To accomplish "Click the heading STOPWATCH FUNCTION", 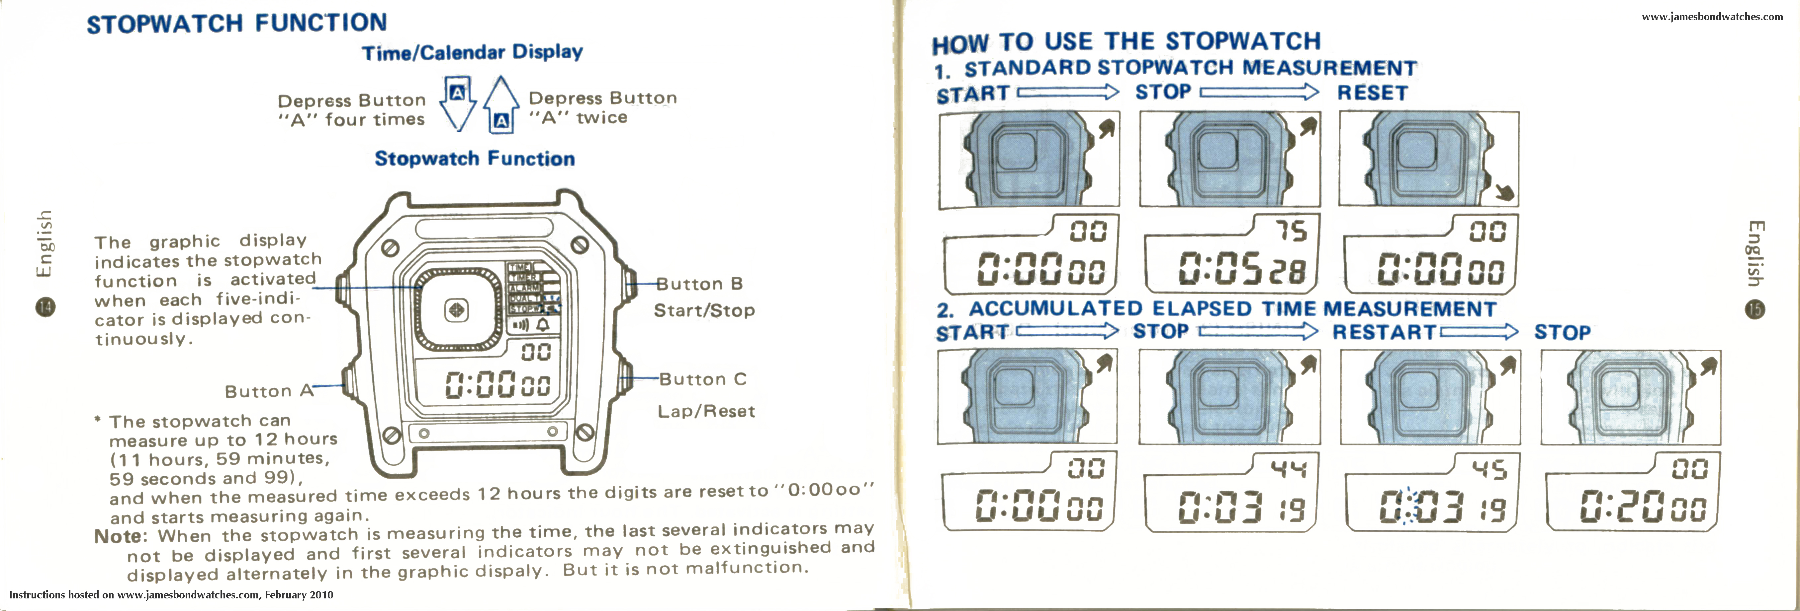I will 236,23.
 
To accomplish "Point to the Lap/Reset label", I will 706,411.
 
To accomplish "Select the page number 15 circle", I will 1755,309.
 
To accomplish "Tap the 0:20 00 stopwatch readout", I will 1642,508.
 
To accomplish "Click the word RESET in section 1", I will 1372,93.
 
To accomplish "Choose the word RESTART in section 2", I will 1384,332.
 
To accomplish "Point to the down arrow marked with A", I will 458,103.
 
